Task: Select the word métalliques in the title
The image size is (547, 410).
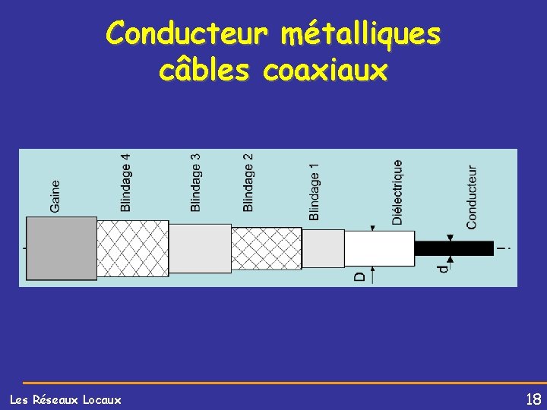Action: click(x=360, y=33)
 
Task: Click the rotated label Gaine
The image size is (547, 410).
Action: click(x=55, y=195)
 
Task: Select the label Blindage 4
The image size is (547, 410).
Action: click(x=125, y=182)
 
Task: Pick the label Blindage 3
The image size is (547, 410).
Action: click(x=196, y=182)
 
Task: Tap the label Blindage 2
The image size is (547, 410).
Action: click(x=248, y=182)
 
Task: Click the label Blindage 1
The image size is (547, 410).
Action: click(x=315, y=191)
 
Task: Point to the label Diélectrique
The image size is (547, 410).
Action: click(x=397, y=191)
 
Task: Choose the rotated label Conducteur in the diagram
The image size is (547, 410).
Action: click(x=472, y=197)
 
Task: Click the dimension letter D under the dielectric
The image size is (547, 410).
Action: click(x=359, y=276)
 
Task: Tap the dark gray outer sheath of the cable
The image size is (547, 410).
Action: click(x=62, y=248)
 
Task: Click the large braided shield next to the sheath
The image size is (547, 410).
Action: click(x=132, y=248)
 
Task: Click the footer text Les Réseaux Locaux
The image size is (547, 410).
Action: click(x=65, y=399)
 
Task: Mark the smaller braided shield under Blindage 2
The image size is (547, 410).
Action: click(x=266, y=248)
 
